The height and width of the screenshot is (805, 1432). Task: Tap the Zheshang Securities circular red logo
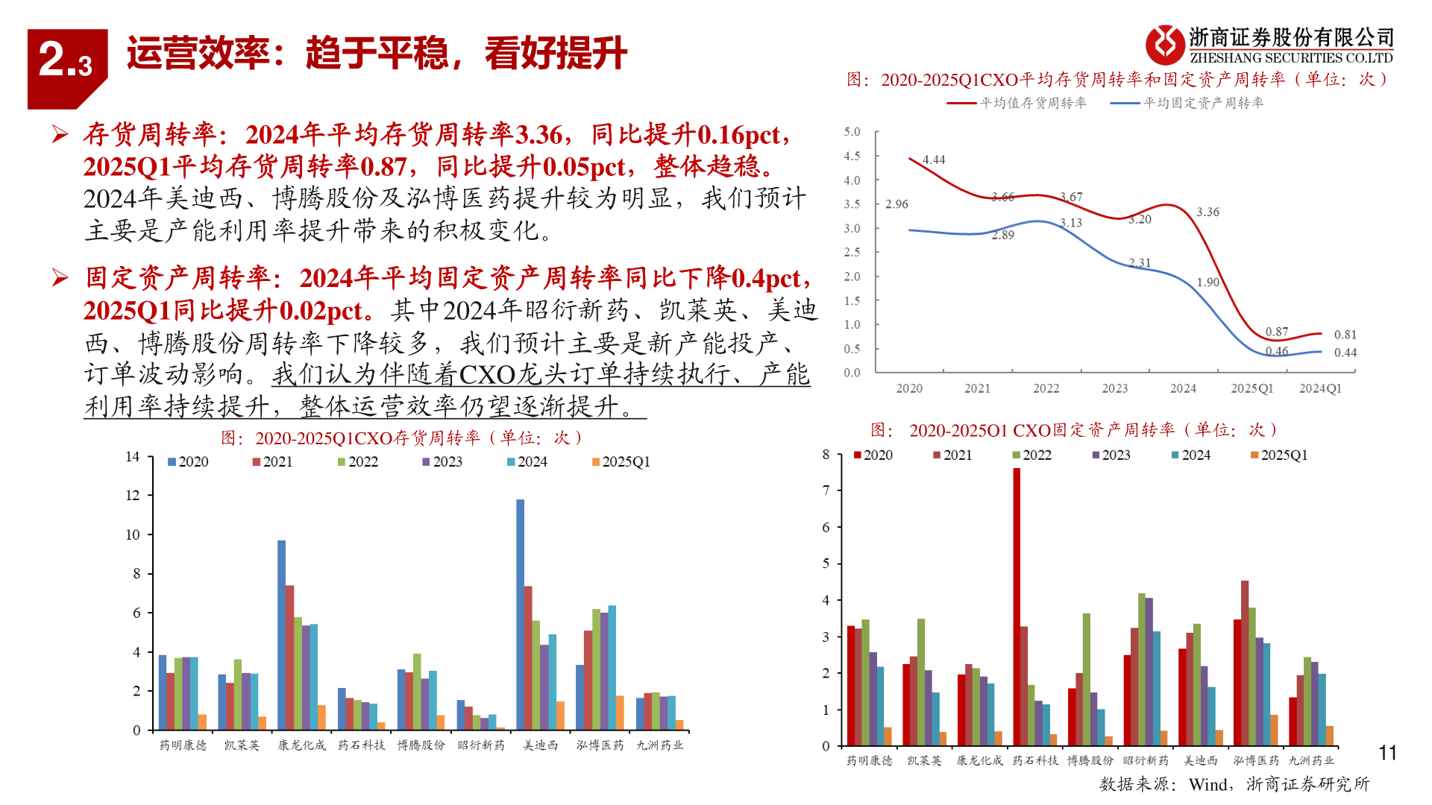[x=1164, y=45]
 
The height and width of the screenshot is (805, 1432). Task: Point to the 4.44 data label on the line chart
[x=933, y=160]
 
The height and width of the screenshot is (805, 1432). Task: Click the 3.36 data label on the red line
[x=1208, y=212]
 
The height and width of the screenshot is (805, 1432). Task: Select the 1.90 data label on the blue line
[x=1208, y=282]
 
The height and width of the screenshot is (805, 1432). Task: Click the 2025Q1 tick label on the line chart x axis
[x=1252, y=388]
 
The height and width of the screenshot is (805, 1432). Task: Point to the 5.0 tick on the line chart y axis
[x=852, y=132]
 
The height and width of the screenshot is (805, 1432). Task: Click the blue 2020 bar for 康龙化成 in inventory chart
[x=281, y=634]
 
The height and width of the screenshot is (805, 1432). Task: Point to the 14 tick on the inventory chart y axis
[x=133, y=457]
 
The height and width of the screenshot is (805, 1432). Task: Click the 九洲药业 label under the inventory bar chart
[x=659, y=745]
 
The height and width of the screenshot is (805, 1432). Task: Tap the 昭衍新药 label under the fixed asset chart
[x=1146, y=760]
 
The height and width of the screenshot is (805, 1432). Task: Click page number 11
[x=1387, y=753]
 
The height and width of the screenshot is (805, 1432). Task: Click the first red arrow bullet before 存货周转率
[x=60, y=134]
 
